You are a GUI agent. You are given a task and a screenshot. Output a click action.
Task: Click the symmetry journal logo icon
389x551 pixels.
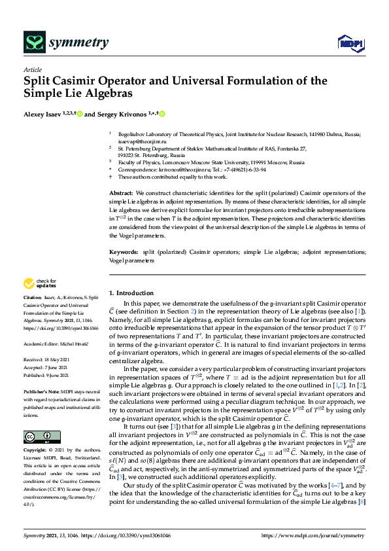point(33,43)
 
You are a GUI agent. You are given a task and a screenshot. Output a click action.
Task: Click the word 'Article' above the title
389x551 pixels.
point(32,69)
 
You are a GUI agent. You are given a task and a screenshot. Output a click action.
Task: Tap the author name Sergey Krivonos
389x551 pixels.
point(122,114)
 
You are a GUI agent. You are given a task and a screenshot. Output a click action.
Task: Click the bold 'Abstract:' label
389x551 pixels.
point(121,194)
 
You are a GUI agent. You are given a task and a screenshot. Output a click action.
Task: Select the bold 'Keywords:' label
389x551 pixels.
point(123,251)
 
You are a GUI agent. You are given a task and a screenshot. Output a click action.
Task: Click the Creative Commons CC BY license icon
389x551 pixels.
point(34,418)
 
